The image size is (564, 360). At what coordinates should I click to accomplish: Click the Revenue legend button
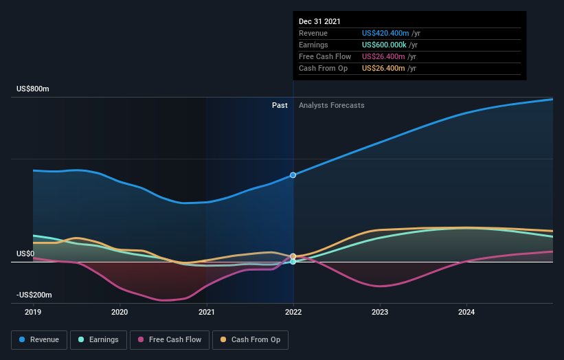(40, 339)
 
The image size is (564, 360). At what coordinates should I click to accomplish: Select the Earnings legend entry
(99, 339)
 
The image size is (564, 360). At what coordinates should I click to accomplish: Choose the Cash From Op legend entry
(251, 339)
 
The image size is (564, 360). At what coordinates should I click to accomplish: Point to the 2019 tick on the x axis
(34, 311)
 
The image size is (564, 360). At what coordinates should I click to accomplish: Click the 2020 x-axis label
(120, 311)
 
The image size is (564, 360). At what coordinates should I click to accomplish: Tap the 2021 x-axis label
(207, 311)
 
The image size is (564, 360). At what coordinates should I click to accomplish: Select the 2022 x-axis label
(293, 311)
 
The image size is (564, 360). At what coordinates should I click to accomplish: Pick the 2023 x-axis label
(380, 311)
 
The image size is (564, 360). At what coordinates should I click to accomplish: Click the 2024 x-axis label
(466, 311)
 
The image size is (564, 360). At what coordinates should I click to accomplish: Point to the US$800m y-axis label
(34, 89)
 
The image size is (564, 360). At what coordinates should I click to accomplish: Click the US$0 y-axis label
(25, 254)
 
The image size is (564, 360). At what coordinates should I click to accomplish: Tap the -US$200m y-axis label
(34, 295)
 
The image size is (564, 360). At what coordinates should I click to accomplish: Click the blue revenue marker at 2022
(293, 175)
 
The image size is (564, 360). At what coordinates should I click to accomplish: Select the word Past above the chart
(280, 105)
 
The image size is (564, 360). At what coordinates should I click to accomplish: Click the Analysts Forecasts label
(331, 105)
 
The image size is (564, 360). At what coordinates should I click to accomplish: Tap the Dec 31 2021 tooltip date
(319, 22)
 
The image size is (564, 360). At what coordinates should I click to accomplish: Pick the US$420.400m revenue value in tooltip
(385, 33)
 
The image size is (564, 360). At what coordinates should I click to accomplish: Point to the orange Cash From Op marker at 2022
(293, 256)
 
